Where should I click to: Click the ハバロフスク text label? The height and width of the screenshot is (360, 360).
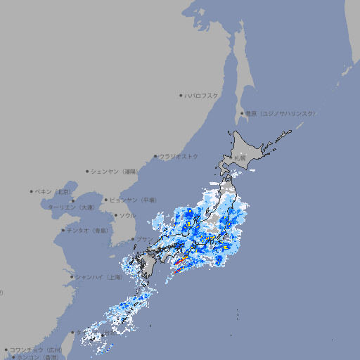click(x=202, y=95)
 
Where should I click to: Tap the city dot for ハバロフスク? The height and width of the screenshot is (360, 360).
click(x=181, y=95)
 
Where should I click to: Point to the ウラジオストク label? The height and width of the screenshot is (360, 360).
click(x=179, y=156)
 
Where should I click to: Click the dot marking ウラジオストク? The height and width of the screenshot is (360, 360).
click(x=155, y=156)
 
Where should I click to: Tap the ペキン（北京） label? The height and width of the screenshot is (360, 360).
click(x=55, y=191)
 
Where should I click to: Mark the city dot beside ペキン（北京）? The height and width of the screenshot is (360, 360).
click(x=32, y=191)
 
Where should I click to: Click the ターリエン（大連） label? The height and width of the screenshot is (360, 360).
click(x=71, y=208)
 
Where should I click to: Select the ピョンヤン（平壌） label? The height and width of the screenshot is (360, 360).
click(x=133, y=200)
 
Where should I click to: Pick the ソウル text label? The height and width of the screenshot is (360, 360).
click(x=127, y=215)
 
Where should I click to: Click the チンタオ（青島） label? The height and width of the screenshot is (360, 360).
click(x=88, y=230)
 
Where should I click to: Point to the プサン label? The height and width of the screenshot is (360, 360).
click(x=143, y=240)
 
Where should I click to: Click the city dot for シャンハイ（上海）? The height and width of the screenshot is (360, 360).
click(x=72, y=277)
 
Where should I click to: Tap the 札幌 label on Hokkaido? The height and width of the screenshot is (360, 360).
click(x=240, y=159)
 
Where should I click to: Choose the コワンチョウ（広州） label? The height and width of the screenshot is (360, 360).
click(x=36, y=349)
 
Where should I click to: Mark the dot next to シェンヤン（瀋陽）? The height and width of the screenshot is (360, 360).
click(x=87, y=171)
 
